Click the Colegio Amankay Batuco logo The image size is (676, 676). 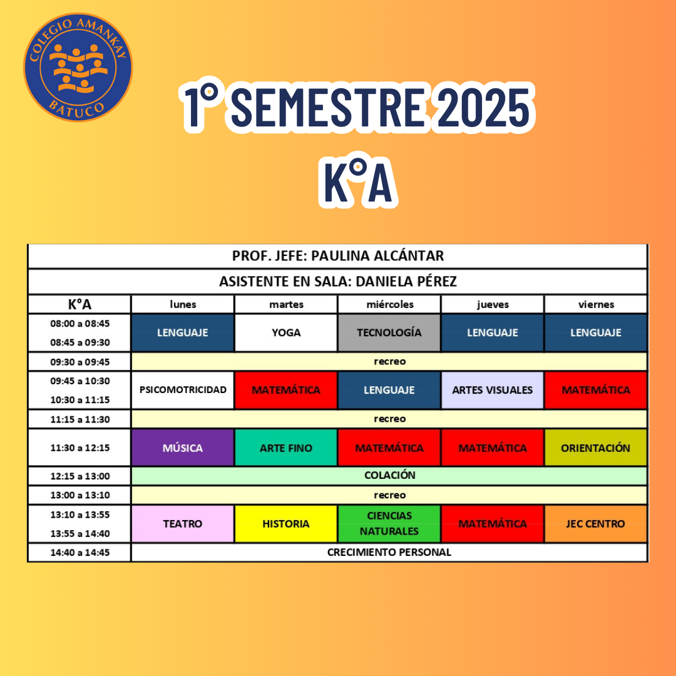(78, 67)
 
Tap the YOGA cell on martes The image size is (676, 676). (286, 333)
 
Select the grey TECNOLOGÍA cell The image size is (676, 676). (389, 333)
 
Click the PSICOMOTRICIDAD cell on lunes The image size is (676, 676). (183, 390)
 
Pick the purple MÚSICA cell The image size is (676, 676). (183, 448)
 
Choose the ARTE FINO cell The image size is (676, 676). (286, 448)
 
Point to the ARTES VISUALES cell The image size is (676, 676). (493, 390)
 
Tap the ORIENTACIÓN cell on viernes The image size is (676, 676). (595, 448)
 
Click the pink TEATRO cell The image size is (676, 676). (183, 524)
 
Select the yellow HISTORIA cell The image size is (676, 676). (286, 524)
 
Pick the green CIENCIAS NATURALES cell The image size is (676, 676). (389, 524)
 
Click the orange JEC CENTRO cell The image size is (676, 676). (595, 524)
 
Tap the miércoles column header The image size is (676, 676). (390, 304)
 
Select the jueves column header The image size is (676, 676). (493, 304)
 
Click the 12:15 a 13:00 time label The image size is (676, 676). (80, 476)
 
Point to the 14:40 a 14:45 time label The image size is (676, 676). (80, 553)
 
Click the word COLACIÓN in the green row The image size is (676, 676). (390, 475)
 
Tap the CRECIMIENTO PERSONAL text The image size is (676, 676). (389, 552)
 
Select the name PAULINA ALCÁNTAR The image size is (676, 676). (377, 255)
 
